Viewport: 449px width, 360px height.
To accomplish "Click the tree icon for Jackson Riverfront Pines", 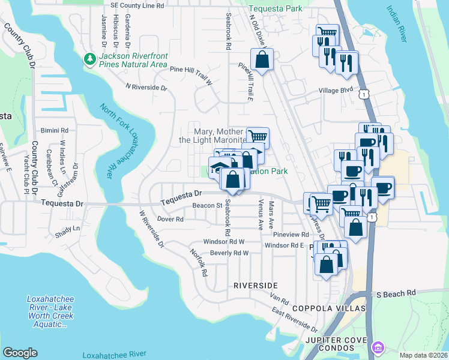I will (x=89, y=59).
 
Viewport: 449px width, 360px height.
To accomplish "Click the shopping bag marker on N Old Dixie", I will (x=262, y=59).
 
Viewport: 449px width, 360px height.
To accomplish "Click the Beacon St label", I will (x=175, y=206).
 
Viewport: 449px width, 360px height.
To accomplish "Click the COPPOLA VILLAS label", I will (x=329, y=308).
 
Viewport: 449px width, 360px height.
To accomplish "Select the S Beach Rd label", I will (x=396, y=293).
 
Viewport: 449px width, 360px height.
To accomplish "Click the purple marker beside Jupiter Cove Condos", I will (x=378, y=347).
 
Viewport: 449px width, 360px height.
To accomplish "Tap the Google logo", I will (x=20, y=352).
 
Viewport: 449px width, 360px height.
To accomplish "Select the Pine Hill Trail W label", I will (x=191, y=70).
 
